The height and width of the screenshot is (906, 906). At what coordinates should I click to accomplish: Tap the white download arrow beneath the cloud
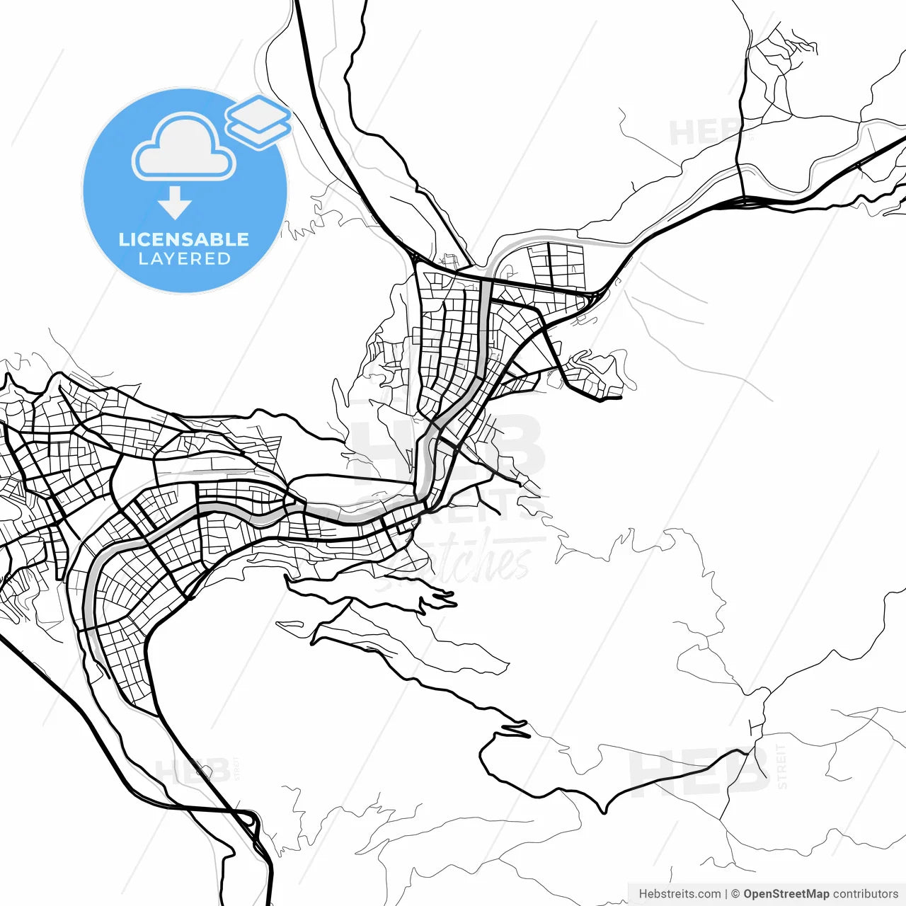[175, 202]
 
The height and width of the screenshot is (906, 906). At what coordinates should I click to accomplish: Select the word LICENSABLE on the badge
[184, 239]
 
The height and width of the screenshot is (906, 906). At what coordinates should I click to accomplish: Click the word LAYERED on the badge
[184, 259]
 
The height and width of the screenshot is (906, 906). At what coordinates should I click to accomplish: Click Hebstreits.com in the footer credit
[679, 894]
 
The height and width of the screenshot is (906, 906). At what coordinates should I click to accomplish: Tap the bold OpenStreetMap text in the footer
[786, 894]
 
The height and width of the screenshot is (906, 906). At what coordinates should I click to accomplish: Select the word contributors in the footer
[865, 894]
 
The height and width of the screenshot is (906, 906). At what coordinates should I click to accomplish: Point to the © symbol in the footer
[735, 894]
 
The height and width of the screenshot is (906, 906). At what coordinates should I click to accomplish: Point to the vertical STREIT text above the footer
[781, 767]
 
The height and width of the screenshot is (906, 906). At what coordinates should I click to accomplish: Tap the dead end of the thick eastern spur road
[620, 398]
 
